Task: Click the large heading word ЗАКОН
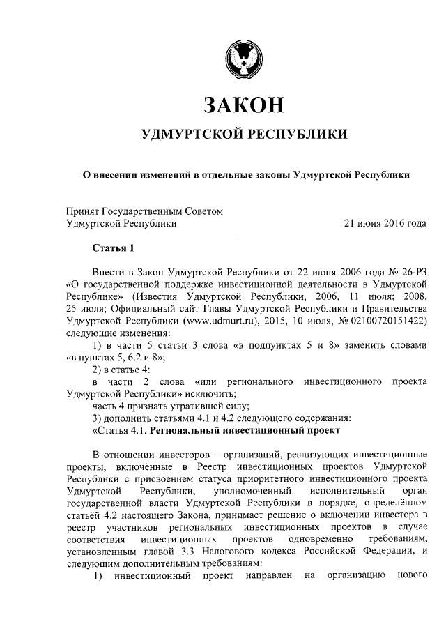(x=243, y=105)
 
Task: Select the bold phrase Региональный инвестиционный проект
(x=234, y=430)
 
